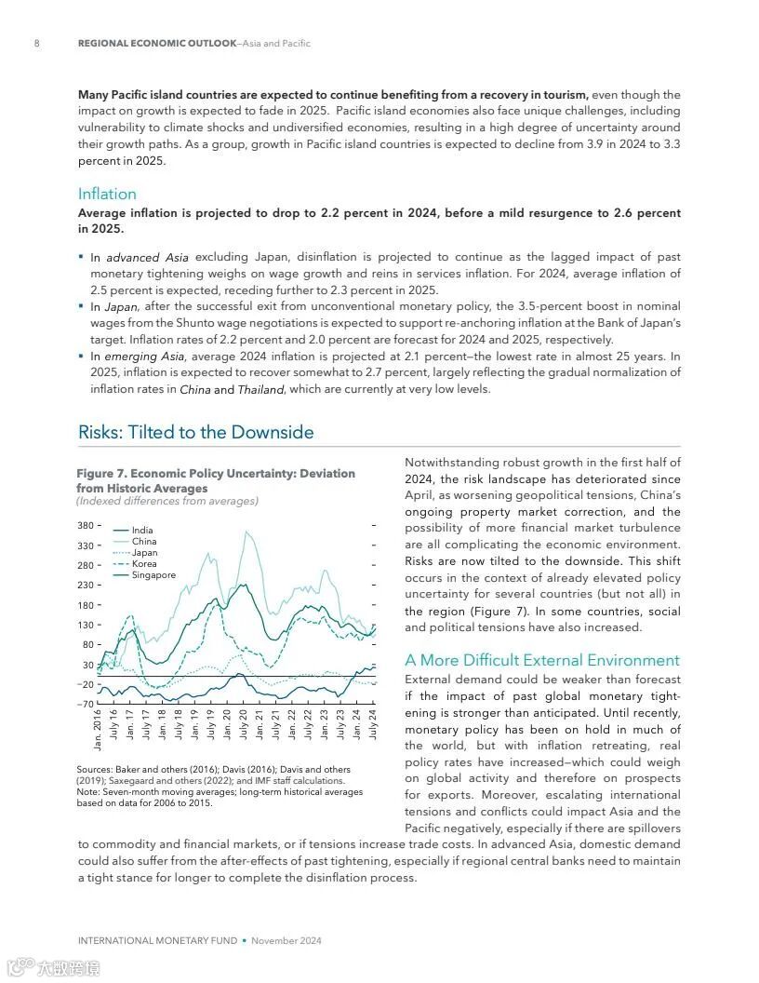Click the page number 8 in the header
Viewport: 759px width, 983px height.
(36, 44)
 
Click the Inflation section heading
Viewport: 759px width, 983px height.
(107, 194)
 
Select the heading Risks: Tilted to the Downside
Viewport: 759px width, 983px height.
(195, 432)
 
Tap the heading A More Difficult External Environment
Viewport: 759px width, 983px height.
(542, 660)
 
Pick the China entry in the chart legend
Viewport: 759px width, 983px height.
(144, 542)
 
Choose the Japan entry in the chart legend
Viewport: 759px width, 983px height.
(144, 553)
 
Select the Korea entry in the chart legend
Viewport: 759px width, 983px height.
(144, 564)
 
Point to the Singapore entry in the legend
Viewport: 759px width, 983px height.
(153, 575)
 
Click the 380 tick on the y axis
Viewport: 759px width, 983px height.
(85, 526)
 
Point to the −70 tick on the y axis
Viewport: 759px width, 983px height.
(84, 704)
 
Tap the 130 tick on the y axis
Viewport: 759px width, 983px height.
(85, 625)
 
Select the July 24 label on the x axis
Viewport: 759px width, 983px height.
(373, 724)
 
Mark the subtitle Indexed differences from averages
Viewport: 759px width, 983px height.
(167, 502)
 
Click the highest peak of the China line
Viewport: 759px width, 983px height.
(246, 532)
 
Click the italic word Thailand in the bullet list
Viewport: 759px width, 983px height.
(260, 390)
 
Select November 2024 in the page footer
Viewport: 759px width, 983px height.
(286, 940)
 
